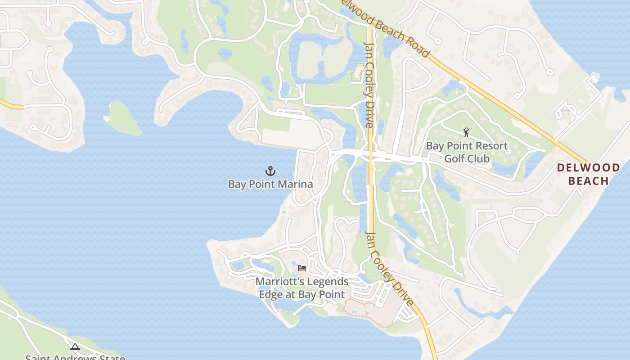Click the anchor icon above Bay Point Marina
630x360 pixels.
270,171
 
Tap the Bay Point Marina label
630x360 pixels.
270,184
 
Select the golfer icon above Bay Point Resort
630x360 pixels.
466,132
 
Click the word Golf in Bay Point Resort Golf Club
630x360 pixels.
454,158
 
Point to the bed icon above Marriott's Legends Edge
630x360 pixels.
302,268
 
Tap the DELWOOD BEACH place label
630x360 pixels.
588,174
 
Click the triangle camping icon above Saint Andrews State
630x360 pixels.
75,346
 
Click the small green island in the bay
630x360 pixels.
122,118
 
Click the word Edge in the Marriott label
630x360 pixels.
271,295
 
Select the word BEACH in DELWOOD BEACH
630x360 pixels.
588,181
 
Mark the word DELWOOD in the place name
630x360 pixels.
588,168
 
